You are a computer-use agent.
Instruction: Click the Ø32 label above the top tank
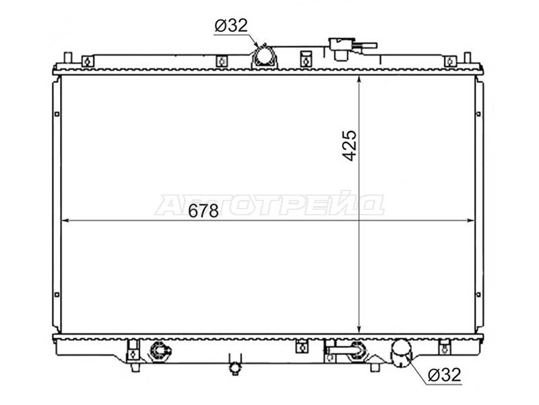coord(231,26)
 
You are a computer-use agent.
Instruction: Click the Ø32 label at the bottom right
coord(445,375)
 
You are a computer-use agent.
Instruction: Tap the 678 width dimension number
coord(203,211)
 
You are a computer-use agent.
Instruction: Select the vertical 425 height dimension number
coord(350,145)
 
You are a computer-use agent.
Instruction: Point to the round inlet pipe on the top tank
coord(264,57)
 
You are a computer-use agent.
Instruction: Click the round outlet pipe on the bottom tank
coord(401,352)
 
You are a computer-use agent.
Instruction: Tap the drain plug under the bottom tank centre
coord(234,365)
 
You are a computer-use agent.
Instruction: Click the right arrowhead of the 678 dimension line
coord(470,221)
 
